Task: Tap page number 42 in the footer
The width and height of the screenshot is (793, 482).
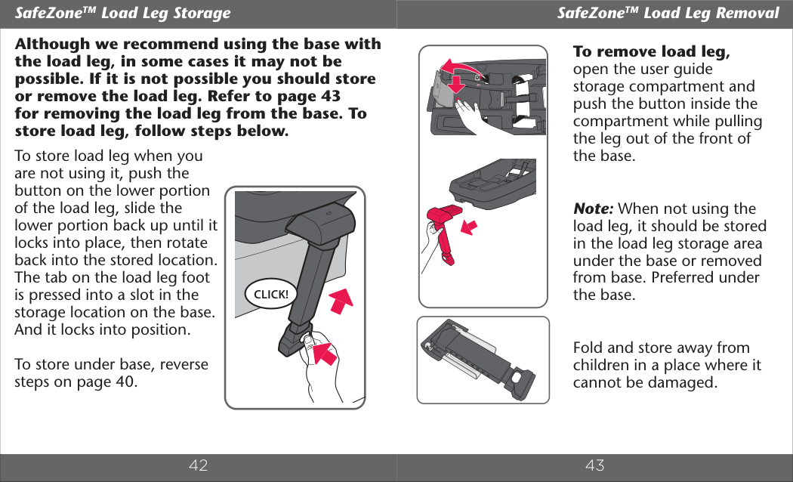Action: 198,465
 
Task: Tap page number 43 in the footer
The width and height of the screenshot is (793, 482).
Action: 595,465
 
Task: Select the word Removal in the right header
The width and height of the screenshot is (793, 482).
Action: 747,13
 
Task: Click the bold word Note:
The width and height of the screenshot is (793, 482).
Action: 594,209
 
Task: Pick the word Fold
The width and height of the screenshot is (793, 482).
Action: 588,348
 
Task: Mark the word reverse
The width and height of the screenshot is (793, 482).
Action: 181,363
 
